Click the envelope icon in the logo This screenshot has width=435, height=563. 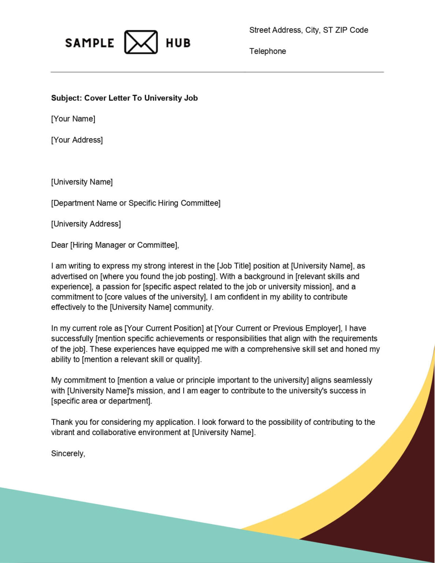[141, 42]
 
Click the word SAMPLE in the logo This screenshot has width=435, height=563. [89, 43]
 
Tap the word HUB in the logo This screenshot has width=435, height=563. [178, 43]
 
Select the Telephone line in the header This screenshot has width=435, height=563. [268, 51]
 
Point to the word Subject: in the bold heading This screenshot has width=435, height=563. [66, 98]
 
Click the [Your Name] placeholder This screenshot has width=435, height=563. [73, 119]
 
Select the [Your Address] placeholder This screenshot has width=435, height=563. [77, 140]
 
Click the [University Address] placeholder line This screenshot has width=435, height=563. [86, 224]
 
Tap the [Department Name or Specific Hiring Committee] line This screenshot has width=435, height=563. [136, 203]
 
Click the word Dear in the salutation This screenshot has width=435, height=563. [59, 245]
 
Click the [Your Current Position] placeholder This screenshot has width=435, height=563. [165, 328]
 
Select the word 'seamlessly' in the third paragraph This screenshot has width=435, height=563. [353, 380]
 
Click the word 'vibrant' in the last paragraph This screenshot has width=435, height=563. [63, 432]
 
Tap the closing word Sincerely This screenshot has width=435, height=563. [68, 453]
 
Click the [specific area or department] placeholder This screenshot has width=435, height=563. [101, 401]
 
